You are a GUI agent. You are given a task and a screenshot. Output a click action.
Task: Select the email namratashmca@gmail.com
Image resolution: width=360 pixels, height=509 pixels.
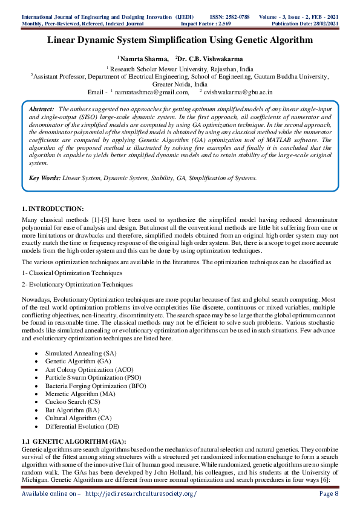(x=152, y=92)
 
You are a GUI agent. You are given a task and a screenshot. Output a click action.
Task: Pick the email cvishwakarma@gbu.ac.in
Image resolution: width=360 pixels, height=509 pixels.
(x=238, y=92)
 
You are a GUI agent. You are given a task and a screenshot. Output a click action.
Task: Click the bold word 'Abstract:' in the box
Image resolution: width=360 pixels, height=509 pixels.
(x=42, y=108)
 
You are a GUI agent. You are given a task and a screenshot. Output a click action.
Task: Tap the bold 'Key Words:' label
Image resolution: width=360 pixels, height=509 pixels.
(x=45, y=178)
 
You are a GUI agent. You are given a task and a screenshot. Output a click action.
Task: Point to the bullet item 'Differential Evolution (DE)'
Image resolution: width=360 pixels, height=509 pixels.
(x=83, y=426)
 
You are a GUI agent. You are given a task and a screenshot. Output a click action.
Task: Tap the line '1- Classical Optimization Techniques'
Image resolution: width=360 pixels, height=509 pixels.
(x=71, y=273)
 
